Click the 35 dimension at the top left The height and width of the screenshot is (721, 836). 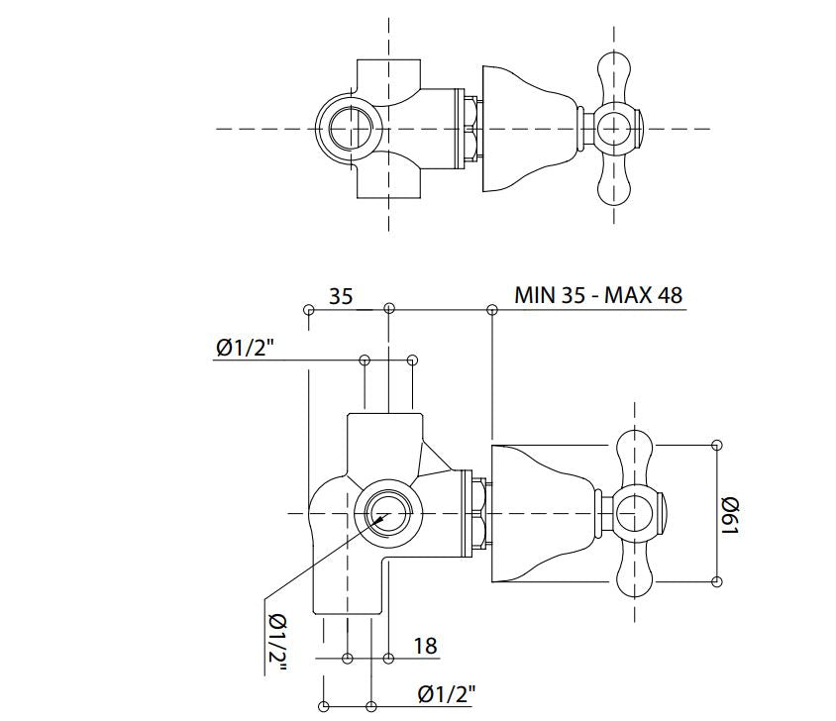point(342,295)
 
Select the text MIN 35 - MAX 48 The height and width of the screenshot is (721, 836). point(598,295)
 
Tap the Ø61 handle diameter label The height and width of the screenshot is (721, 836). point(730,513)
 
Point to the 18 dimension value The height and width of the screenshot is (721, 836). point(425,647)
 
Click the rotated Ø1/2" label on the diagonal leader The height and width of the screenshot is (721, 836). point(276,643)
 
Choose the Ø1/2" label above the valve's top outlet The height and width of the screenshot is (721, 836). point(244,348)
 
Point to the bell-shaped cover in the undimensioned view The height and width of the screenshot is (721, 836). point(525,129)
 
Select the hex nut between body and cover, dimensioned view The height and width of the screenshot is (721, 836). point(479,513)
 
